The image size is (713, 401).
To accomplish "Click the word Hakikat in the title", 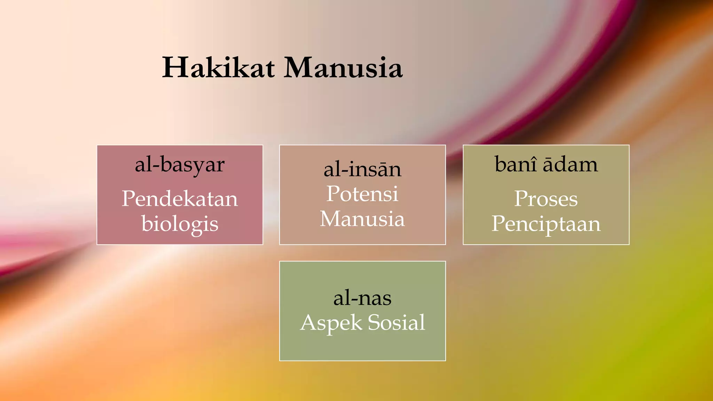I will [x=219, y=68].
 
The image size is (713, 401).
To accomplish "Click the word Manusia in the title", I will [x=343, y=68].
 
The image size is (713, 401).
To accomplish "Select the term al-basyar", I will [x=180, y=165].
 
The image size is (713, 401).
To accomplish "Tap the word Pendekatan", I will [x=180, y=199].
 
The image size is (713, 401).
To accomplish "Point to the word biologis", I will [x=180, y=224].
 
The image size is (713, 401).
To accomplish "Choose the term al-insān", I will [x=362, y=170].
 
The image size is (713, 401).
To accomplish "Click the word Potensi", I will [x=362, y=194].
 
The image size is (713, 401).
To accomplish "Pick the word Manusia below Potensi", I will [x=362, y=219].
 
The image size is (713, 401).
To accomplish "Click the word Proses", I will [x=546, y=199].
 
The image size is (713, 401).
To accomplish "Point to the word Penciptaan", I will [x=546, y=224].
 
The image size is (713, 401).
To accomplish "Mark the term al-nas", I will [x=362, y=298].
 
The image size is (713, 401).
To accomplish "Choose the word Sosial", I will [x=397, y=322].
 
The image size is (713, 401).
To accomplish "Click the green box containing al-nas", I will [x=362, y=348].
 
